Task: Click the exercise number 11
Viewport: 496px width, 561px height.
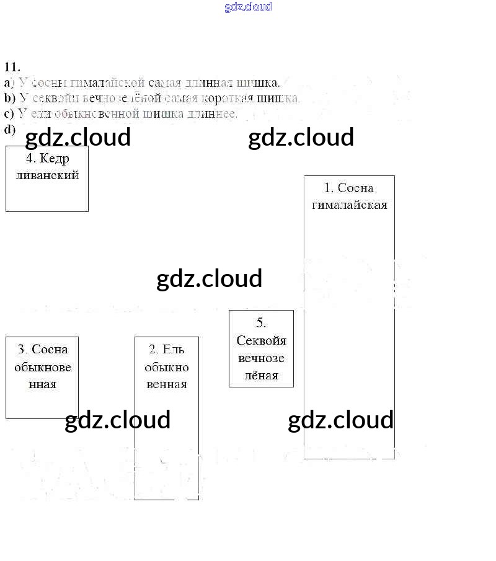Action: (x=12, y=68)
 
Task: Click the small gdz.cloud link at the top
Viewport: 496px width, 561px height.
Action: (x=248, y=7)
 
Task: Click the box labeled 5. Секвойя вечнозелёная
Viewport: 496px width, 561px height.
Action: (x=261, y=348)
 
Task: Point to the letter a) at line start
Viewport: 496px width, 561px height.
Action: (x=9, y=82)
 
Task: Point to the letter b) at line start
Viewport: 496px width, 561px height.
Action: (x=9, y=98)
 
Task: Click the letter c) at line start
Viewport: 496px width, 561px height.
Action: (x=9, y=113)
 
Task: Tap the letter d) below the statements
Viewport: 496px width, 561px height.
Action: (x=9, y=129)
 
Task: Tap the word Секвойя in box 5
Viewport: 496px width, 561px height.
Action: (x=261, y=340)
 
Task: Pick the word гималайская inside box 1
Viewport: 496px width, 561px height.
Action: (x=349, y=205)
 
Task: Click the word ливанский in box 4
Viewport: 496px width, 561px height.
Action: (x=47, y=175)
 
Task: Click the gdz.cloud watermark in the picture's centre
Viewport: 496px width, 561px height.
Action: (x=210, y=278)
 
